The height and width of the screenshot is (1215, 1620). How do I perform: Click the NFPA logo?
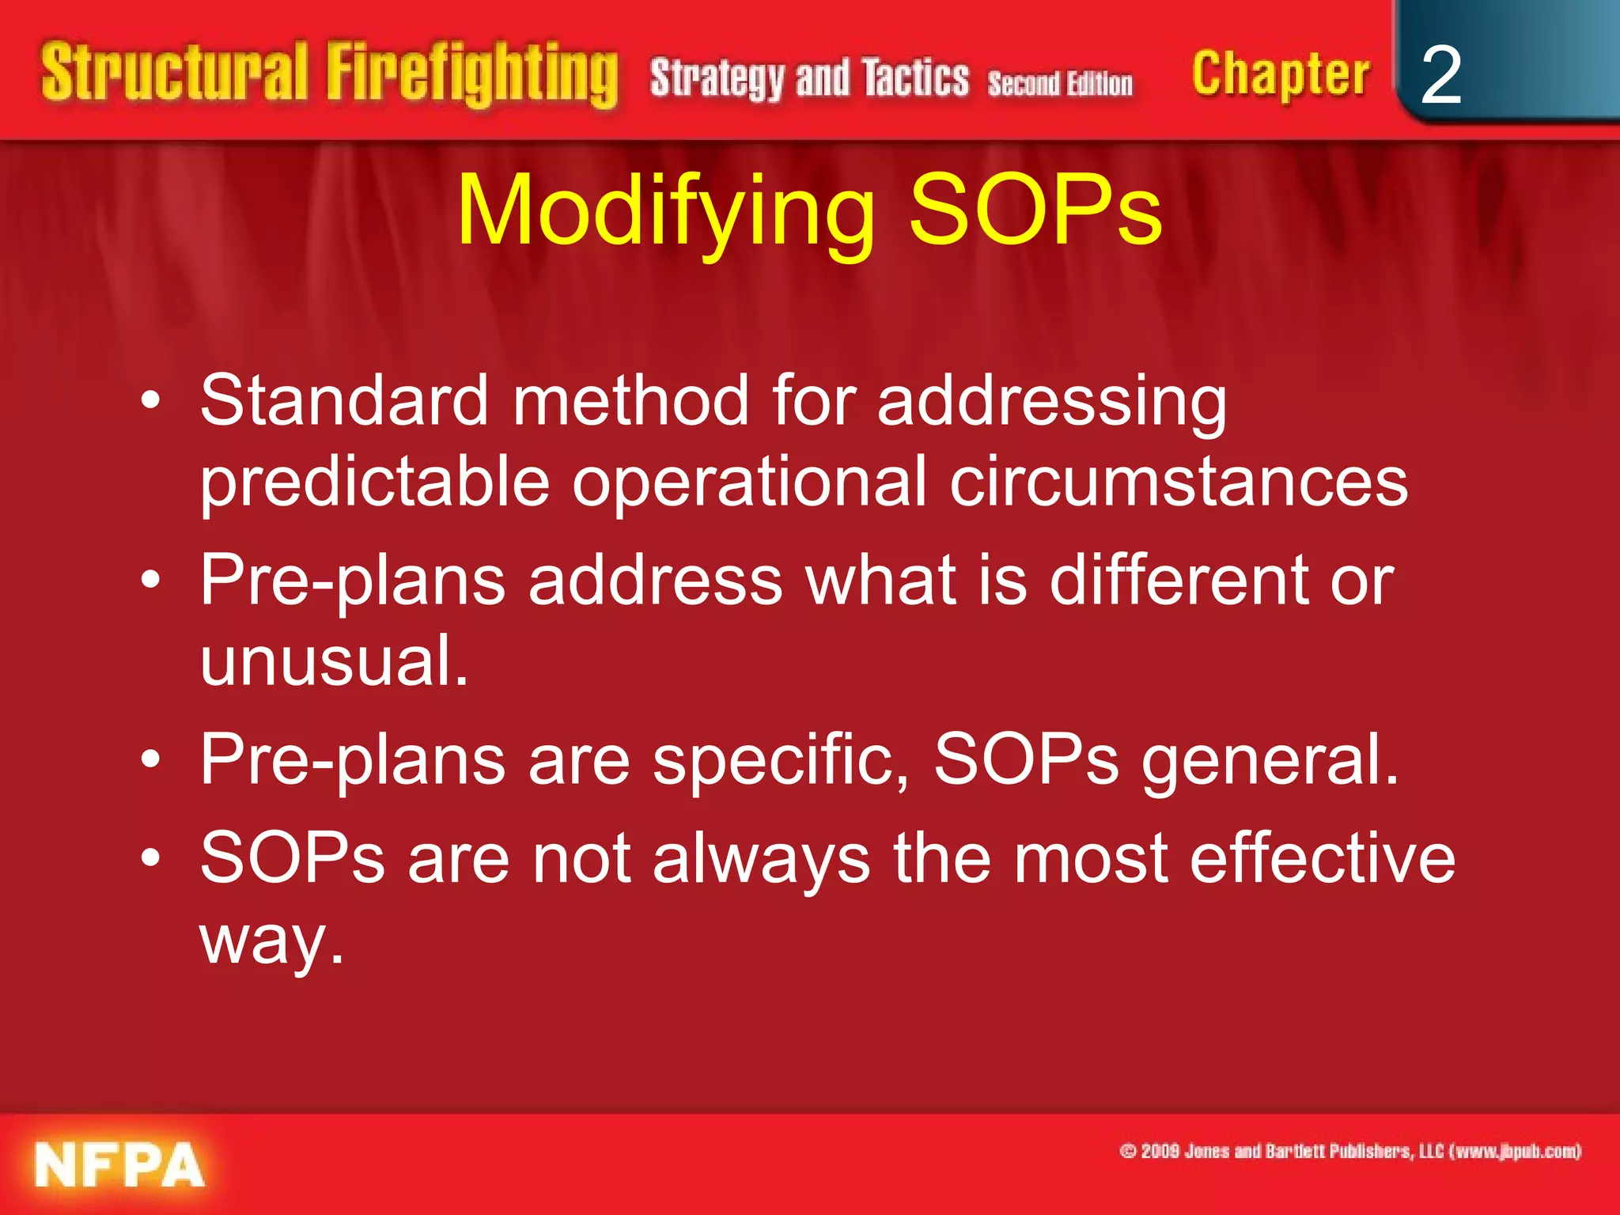[119, 1165]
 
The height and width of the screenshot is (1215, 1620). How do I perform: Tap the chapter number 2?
[1440, 76]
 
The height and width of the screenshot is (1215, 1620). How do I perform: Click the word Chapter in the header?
[1280, 75]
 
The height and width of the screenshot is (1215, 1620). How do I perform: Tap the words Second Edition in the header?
[1059, 84]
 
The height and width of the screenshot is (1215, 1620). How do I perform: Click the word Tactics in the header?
[915, 79]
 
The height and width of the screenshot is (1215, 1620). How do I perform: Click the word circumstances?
[1179, 482]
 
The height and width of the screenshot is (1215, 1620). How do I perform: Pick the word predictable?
[374, 483]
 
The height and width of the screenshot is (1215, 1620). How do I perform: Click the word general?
[1270, 760]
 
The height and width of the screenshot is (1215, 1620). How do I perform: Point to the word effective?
[1322, 858]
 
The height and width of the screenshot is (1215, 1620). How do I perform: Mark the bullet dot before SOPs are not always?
[150, 857]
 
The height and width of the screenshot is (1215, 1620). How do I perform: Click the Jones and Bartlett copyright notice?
[1349, 1151]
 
